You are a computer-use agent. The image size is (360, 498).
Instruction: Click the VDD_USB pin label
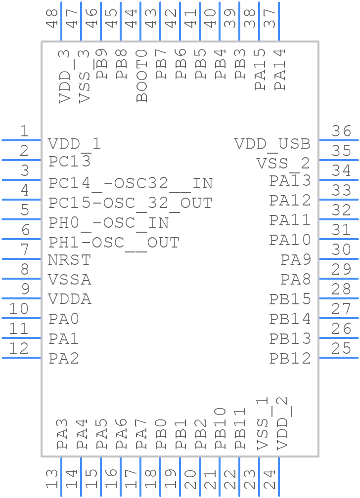272,144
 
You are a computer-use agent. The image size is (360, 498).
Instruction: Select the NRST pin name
69,260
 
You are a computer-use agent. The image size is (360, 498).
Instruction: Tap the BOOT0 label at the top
142,76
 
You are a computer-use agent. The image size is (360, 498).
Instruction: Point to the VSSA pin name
70,280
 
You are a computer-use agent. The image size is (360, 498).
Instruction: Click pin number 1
24,131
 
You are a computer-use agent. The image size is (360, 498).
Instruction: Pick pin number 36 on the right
341,131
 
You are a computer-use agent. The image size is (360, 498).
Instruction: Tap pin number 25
341,349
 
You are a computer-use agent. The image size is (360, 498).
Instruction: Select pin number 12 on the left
19,349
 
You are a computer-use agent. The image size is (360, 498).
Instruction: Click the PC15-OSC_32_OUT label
131,203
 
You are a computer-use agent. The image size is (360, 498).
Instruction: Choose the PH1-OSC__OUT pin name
114,243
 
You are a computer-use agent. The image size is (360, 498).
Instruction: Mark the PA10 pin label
290,240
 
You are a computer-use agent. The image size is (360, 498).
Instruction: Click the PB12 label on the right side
290,359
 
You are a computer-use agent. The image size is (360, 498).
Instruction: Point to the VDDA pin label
70,299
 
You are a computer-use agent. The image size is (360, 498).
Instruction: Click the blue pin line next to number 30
339,259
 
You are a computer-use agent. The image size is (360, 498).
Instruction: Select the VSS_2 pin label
283,163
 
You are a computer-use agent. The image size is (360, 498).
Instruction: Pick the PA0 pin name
64,319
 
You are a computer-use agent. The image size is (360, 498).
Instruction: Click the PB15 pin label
290,299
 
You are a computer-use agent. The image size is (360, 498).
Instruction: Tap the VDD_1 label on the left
74,144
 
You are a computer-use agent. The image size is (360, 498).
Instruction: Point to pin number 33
341,191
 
